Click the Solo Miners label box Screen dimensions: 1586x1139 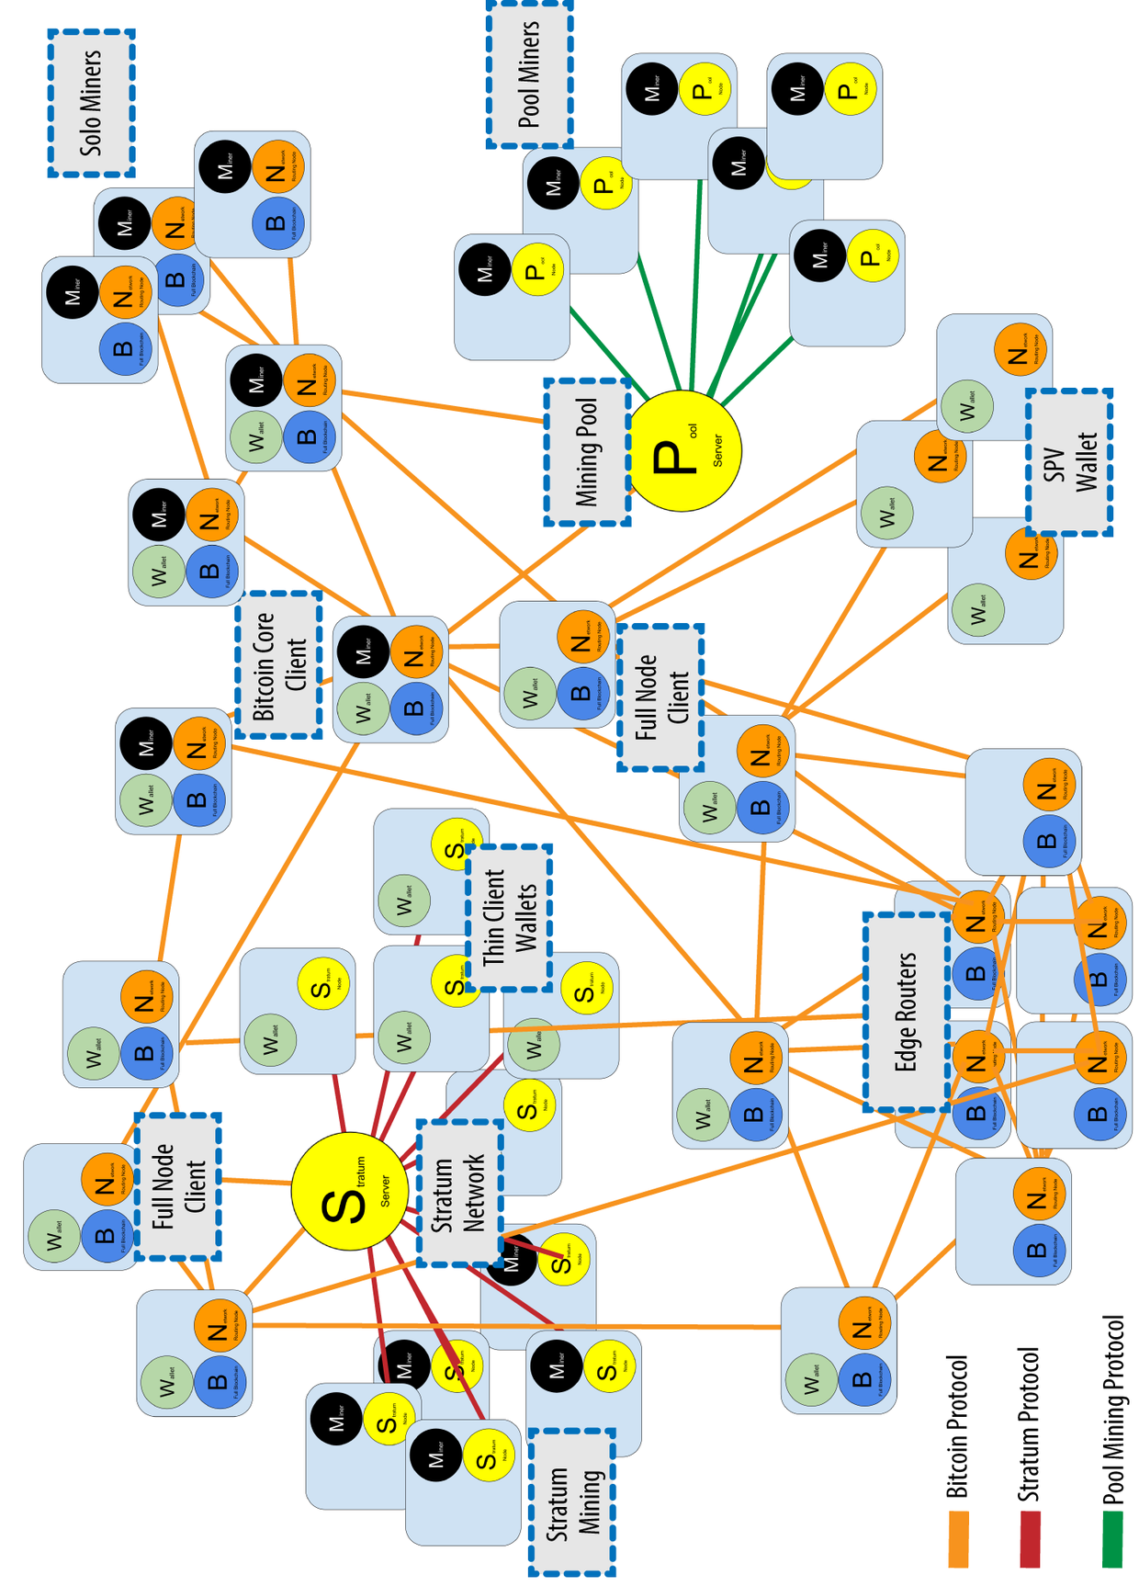[91, 103]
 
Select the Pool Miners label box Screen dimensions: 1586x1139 [530, 74]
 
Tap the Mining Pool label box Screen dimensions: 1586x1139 [587, 452]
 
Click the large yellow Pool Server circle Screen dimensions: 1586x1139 [685, 450]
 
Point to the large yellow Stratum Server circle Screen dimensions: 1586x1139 [350, 1191]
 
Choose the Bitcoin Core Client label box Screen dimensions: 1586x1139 [278, 665]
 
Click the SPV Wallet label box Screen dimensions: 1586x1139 [1069, 462]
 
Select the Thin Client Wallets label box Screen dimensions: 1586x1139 [509, 918]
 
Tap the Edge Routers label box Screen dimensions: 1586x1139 [907, 1012]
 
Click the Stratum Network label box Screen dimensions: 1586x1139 [459, 1193]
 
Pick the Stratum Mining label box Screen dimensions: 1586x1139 [572, 1502]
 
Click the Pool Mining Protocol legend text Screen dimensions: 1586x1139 [1113, 1410]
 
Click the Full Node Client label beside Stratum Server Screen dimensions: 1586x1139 [178, 1186]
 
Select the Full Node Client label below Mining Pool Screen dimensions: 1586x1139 [660, 698]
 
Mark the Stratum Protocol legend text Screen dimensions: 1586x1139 [1030, 1425]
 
